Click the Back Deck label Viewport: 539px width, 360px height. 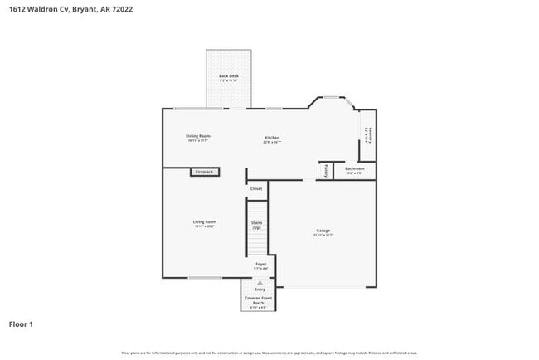click(228, 76)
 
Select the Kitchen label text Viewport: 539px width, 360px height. click(272, 137)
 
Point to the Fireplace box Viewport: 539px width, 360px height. click(204, 172)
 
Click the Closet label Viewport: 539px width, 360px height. click(255, 188)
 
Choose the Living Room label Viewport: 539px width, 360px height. click(204, 221)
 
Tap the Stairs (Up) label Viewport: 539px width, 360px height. click(257, 225)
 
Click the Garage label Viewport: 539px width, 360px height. click(323, 230)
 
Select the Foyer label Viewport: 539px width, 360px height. click(260, 264)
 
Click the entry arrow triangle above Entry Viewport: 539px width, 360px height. click(260, 281)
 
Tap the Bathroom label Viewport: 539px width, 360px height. click(354, 168)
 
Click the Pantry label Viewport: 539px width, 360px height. click(327, 169)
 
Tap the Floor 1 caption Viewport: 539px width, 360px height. click(22, 324)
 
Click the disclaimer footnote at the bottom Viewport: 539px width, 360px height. click(269, 353)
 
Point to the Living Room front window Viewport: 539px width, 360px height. click(204, 277)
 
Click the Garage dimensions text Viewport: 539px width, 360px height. click(323, 236)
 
